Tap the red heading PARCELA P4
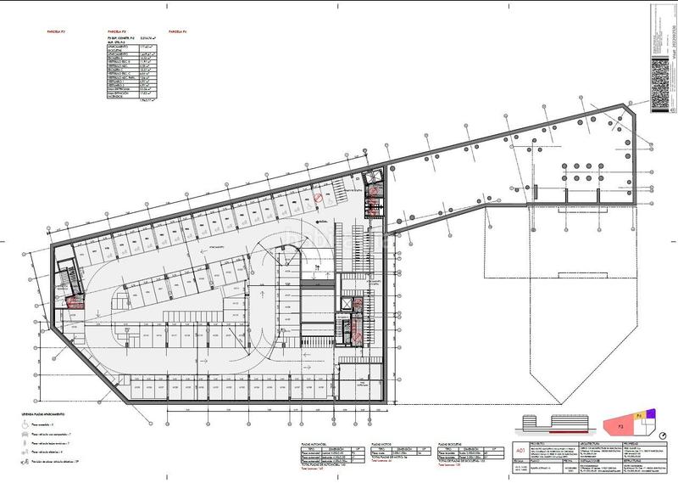pyautogui.click(x=178, y=32)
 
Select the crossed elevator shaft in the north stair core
pyautogui.click(x=371, y=179)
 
